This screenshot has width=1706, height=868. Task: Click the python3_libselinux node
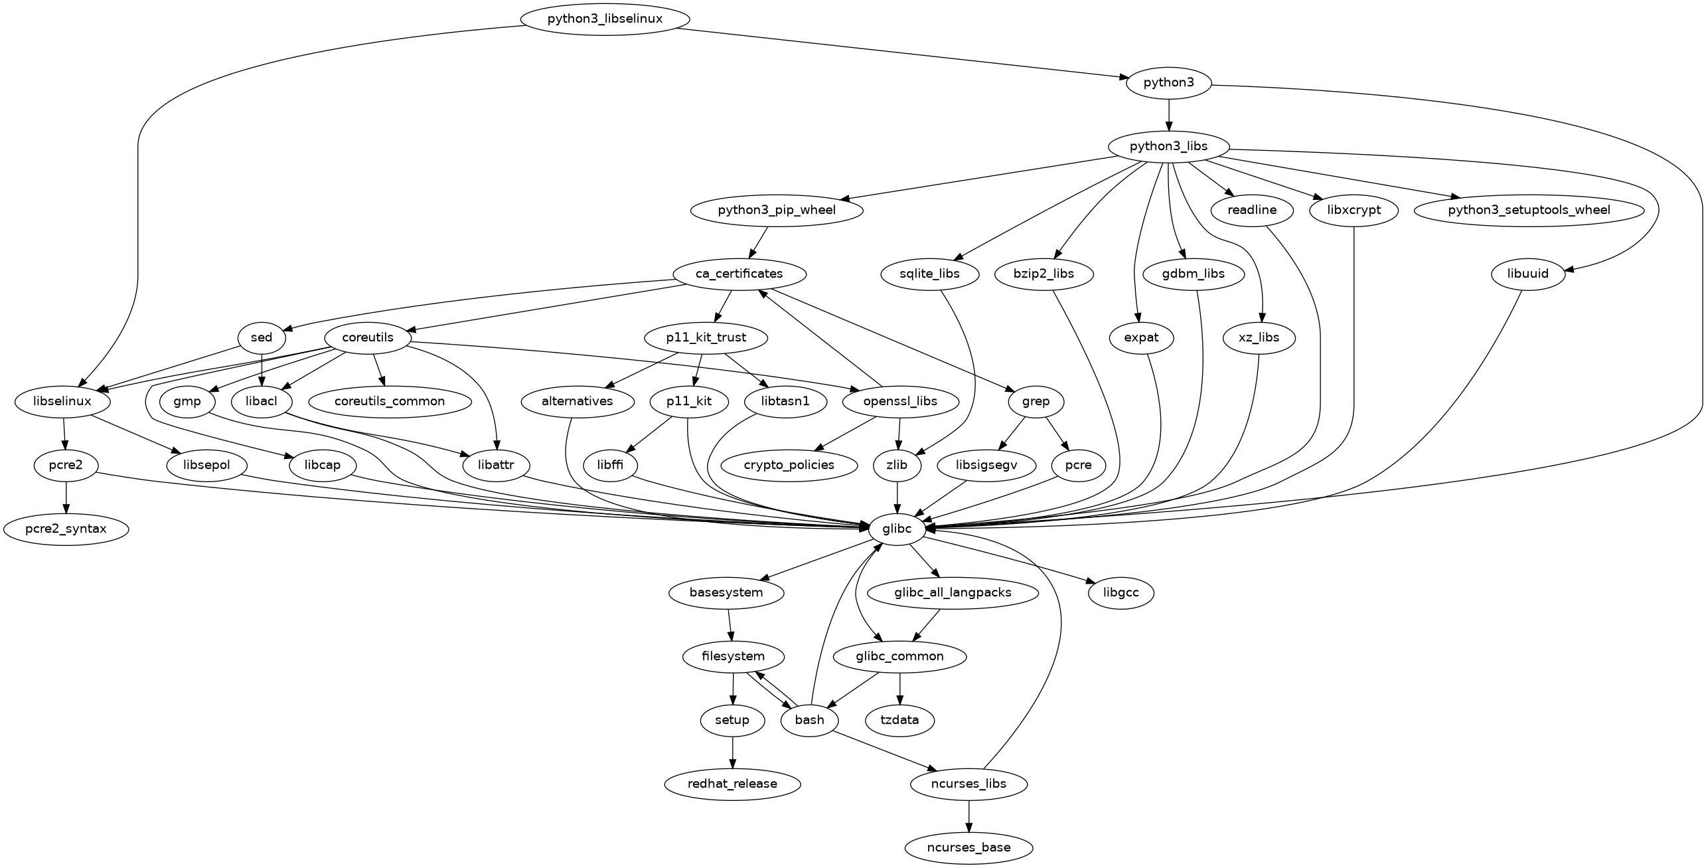[604, 19]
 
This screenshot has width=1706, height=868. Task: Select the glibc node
[897, 529]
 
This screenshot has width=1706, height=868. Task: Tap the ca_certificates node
[739, 274]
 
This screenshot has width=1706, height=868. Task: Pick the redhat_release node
[732, 784]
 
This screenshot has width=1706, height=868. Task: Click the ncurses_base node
[969, 847]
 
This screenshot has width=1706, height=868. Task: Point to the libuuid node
[1528, 274]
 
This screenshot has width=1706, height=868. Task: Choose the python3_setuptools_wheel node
[1529, 210]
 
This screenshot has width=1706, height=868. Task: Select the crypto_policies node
[789, 465]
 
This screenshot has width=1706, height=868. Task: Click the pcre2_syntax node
[66, 529]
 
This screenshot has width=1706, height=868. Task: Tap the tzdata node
[899, 720]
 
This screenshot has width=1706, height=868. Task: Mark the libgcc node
[1121, 592]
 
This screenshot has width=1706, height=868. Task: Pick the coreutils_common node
[390, 401]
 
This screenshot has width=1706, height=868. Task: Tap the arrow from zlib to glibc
[897, 497]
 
